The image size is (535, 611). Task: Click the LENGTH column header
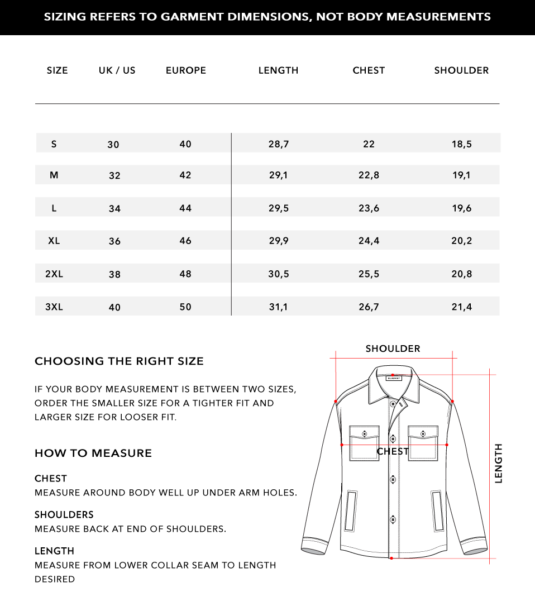[278, 70]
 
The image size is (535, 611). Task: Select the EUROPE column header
[186, 70]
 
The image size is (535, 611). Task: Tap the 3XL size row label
[54, 307]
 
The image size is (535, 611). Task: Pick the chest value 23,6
[369, 208]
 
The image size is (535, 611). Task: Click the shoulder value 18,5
[461, 144]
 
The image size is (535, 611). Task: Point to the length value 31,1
[278, 307]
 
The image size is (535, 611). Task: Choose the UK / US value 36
[114, 241]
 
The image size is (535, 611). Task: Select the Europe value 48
[185, 274]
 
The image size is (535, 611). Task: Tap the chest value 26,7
[369, 307]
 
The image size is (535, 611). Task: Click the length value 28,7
[278, 144]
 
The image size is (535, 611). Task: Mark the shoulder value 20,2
[461, 241]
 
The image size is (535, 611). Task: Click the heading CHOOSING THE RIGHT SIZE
[119, 361]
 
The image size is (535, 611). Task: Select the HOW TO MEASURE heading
[93, 453]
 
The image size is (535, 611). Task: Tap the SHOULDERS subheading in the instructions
[64, 514]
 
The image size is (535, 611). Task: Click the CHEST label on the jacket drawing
[393, 451]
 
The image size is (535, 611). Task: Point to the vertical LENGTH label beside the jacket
[498, 464]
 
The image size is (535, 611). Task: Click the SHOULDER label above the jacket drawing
[393, 349]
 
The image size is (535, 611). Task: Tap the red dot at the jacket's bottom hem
[391, 558]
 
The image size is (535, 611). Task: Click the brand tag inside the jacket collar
[393, 378]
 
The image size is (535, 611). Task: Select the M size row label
[54, 175]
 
